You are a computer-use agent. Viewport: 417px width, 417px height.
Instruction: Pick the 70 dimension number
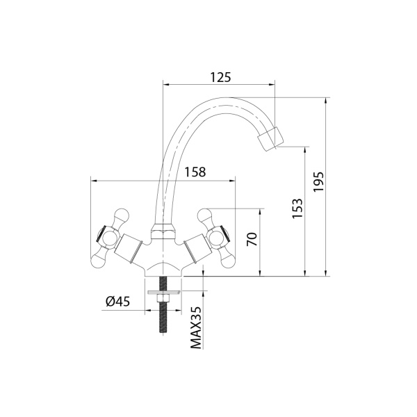(x=252, y=240)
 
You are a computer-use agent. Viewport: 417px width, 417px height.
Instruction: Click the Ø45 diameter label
(x=118, y=300)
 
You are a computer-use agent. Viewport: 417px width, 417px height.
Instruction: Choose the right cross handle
(x=217, y=236)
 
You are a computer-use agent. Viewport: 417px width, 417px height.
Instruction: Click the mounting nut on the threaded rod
(x=164, y=298)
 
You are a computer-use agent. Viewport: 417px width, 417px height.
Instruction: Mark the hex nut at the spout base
(x=164, y=229)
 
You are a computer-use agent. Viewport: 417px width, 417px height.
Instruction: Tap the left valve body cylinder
(x=131, y=246)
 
